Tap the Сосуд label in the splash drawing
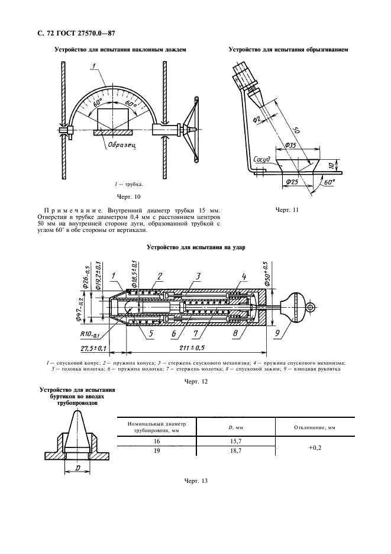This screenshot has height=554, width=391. click(x=261, y=159)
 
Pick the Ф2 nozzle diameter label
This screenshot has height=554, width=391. click(x=257, y=120)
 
